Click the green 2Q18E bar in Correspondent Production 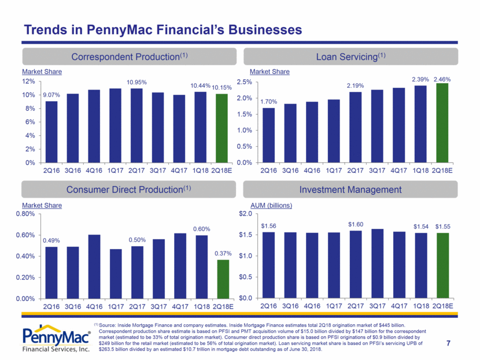click(x=221, y=128)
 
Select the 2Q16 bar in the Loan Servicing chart click(x=268, y=135)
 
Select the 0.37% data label click(x=221, y=253)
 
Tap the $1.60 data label click(x=355, y=224)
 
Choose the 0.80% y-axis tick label click(x=27, y=214)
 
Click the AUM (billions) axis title click(x=271, y=205)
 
